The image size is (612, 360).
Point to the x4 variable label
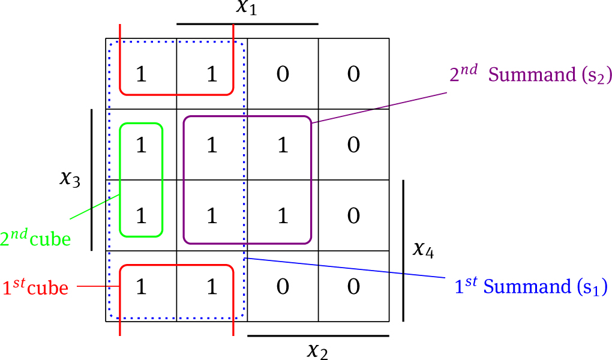coord(424,249)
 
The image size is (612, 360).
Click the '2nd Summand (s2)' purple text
coord(530,74)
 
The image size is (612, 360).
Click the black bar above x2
coord(318,336)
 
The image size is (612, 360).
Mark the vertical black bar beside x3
coord(92,179)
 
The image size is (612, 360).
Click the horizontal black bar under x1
coord(247,25)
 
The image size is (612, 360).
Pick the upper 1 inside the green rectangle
coord(141,145)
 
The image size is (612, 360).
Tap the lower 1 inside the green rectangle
coord(141,215)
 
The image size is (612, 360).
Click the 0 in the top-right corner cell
coord(354,74)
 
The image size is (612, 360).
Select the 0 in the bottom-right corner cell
coord(354,286)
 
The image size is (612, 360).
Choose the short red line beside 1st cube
coord(91,287)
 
